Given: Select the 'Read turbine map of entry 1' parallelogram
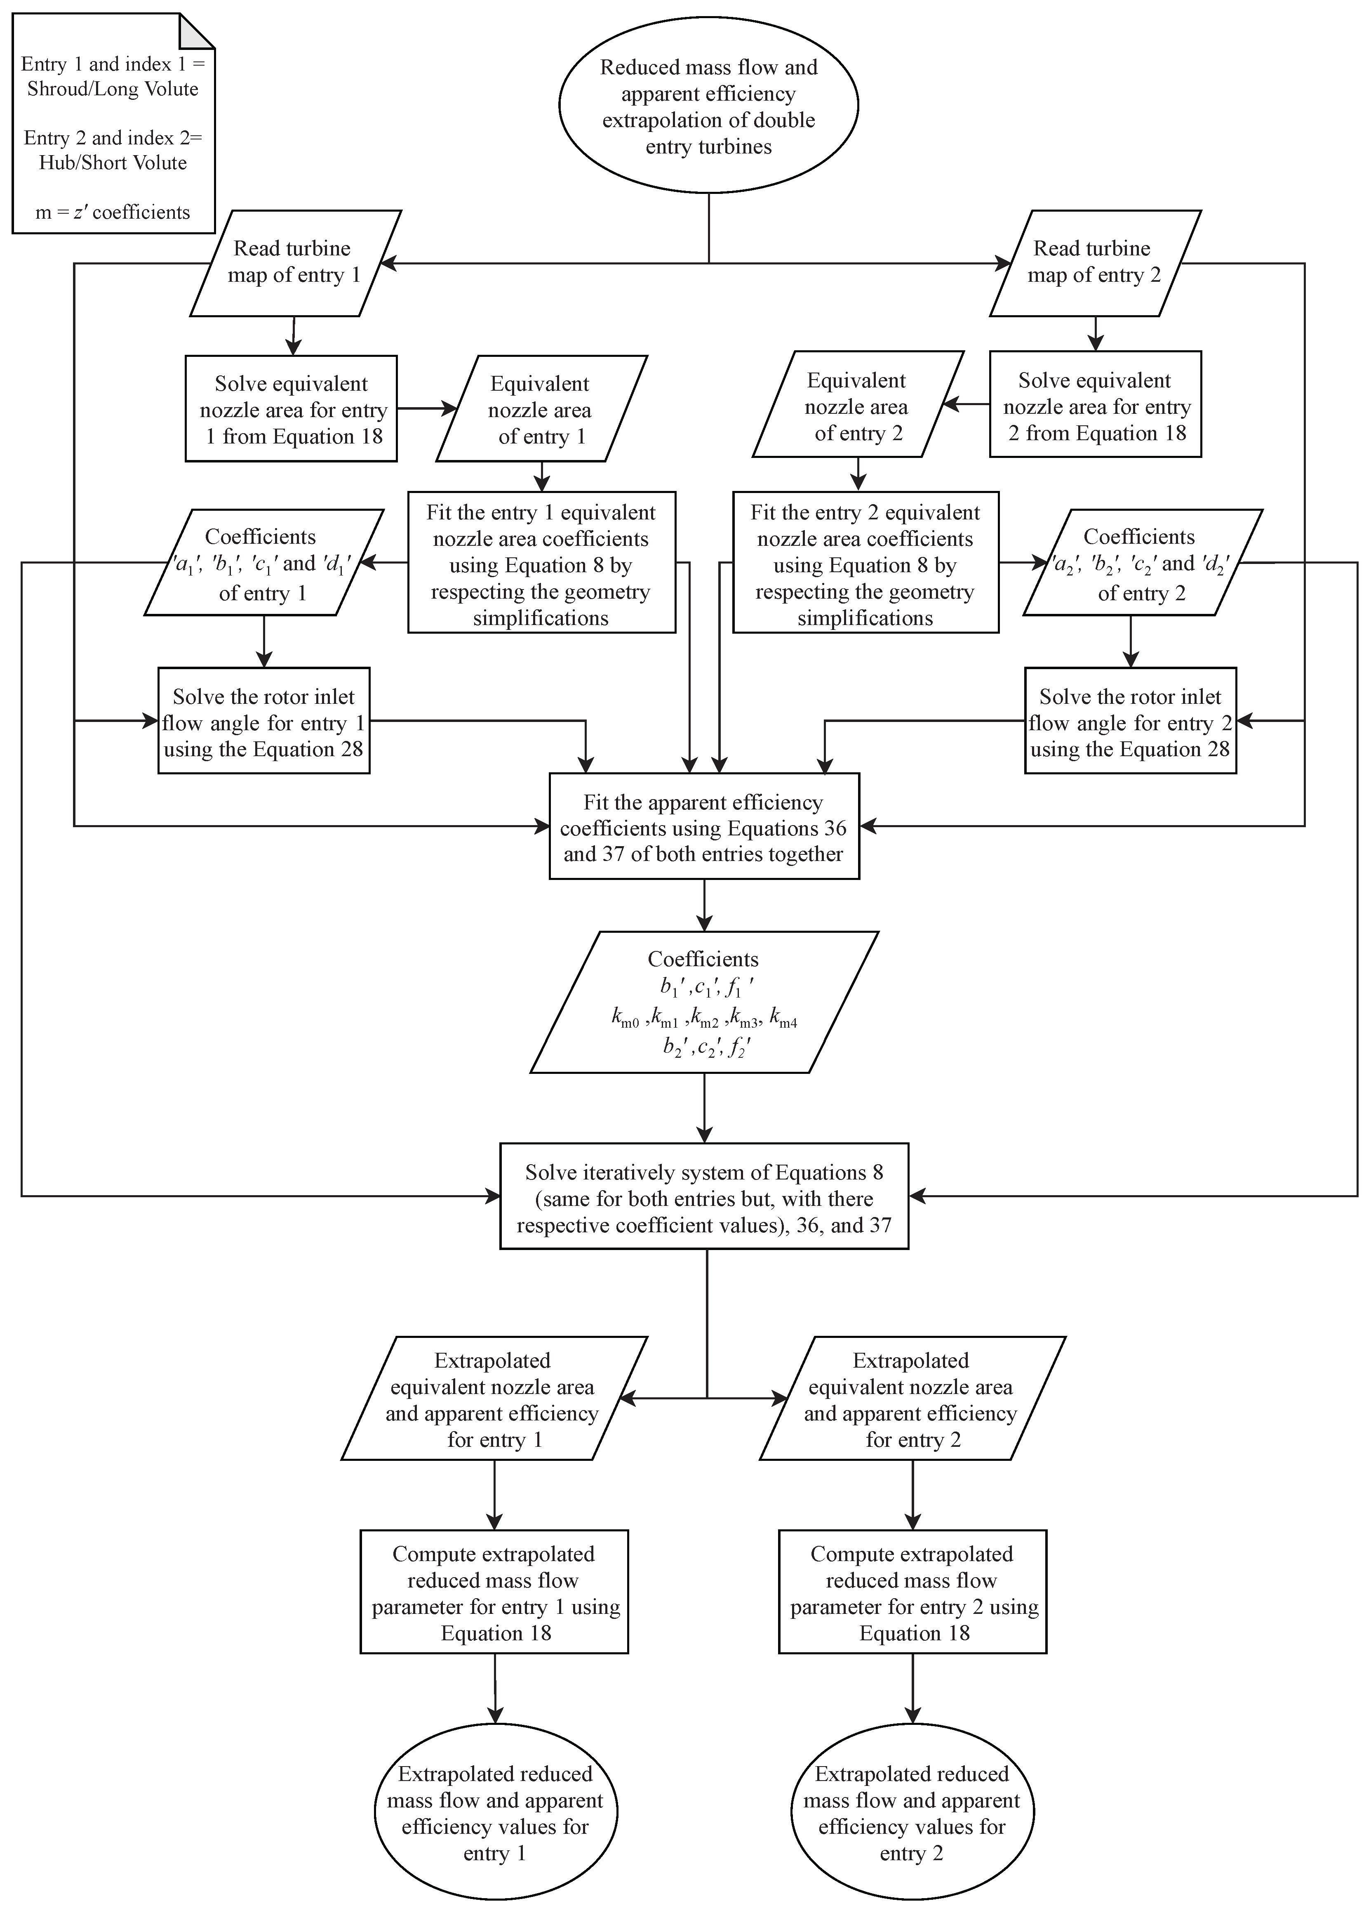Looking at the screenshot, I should [294, 263].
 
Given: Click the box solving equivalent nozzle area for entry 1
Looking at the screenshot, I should [291, 409].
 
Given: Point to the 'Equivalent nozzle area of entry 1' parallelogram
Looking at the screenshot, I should [541, 409].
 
